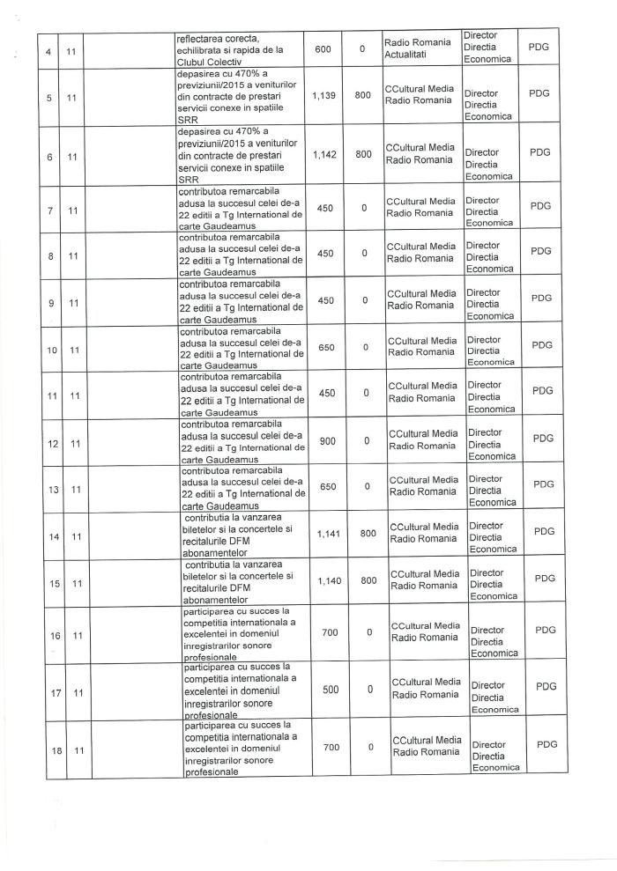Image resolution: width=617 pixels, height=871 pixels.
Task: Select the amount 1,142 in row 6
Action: (323, 152)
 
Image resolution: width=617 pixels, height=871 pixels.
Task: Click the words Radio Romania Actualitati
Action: (418, 49)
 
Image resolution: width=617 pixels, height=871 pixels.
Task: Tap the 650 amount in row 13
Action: (326, 485)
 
